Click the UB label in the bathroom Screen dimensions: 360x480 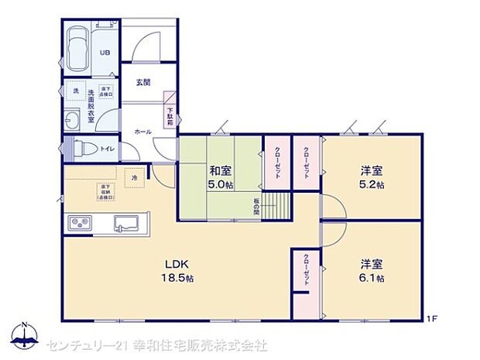[103, 53]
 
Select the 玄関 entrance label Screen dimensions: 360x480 [143, 82]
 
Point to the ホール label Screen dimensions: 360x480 [143, 132]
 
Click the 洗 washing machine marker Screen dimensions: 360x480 [76, 91]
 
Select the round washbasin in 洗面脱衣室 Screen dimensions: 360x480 [73, 120]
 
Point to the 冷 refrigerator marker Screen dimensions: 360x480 [134, 177]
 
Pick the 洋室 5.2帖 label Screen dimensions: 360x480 [369, 177]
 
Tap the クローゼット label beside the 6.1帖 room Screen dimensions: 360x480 [306, 271]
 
